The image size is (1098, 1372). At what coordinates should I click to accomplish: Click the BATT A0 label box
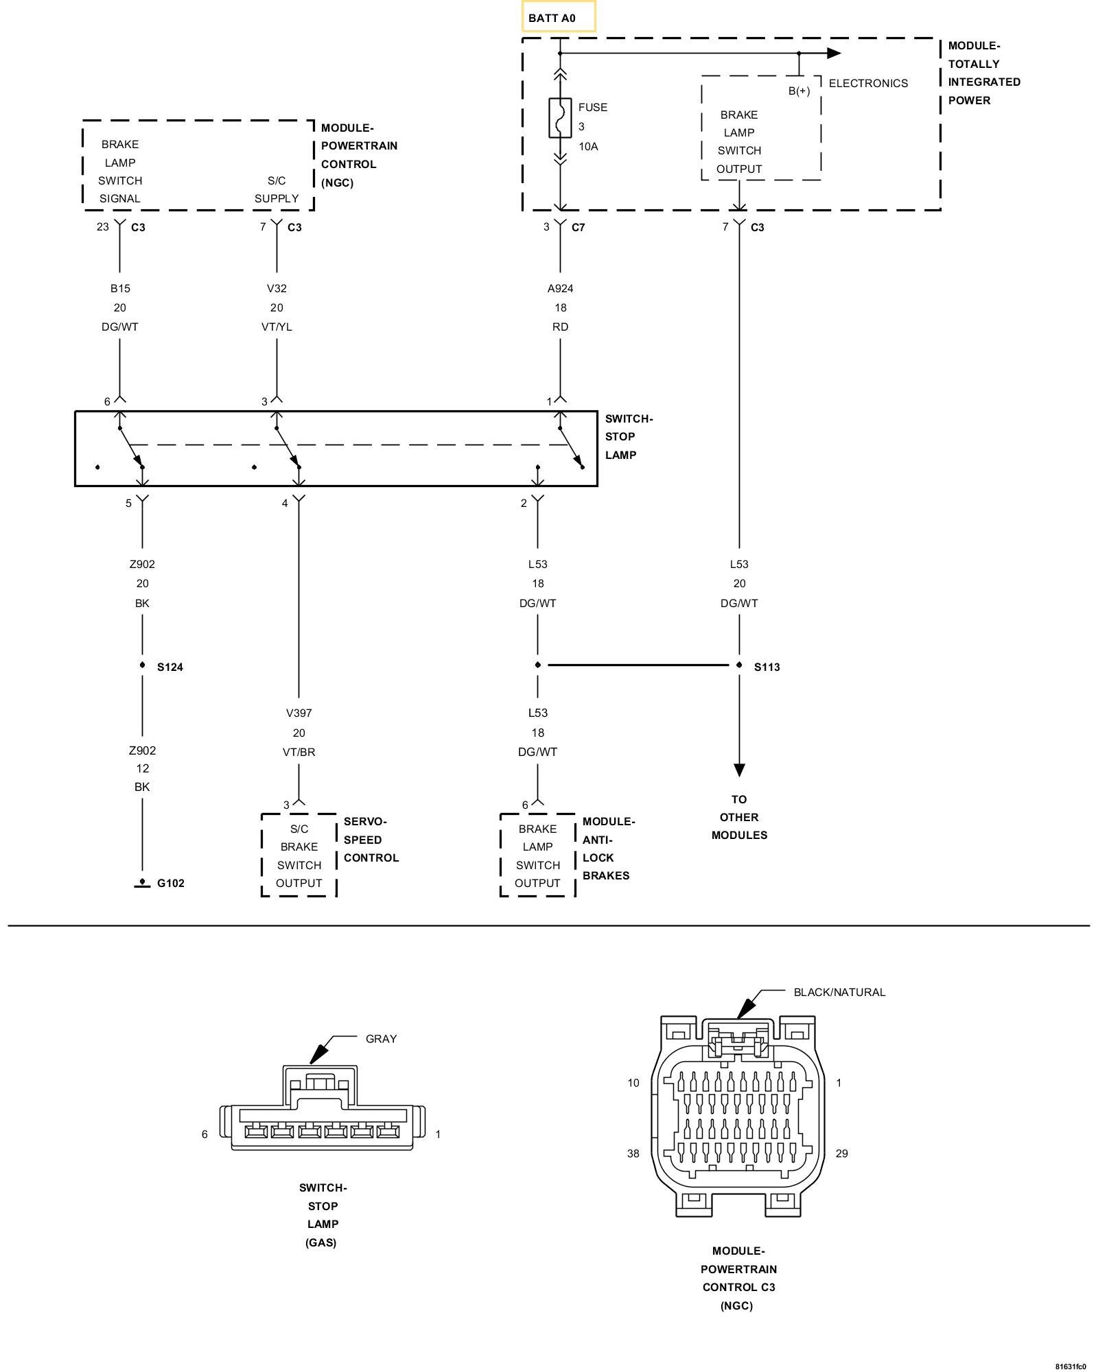[559, 17]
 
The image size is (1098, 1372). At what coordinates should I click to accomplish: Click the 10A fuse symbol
[560, 118]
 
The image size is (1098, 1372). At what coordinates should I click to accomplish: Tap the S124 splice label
[170, 667]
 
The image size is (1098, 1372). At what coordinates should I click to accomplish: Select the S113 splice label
[767, 667]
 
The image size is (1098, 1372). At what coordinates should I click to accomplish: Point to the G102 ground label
[171, 883]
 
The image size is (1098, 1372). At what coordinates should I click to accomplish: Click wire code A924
[560, 289]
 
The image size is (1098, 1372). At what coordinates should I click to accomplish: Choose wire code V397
[299, 713]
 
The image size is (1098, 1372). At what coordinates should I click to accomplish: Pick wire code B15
[120, 289]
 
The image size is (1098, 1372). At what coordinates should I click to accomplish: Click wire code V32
[277, 289]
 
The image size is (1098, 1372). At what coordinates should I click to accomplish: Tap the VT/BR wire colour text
[299, 752]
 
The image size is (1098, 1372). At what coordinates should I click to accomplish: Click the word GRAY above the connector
[382, 1039]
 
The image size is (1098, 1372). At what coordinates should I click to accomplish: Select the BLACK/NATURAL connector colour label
[839, 992]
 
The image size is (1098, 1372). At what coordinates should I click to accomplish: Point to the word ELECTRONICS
[868, 83]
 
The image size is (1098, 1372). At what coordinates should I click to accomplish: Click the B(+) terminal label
[799, 91]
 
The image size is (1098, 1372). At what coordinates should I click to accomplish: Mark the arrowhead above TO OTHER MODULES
[739, 770]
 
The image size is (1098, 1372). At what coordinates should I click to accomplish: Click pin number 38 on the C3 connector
[633, 1154]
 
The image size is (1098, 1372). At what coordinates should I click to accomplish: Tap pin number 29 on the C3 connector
[842, 1154]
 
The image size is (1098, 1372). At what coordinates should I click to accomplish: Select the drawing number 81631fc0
[1071, 1367]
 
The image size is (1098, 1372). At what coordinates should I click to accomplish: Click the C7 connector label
[579, 227]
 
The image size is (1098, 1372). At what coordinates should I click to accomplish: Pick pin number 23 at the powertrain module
[103, 226]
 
